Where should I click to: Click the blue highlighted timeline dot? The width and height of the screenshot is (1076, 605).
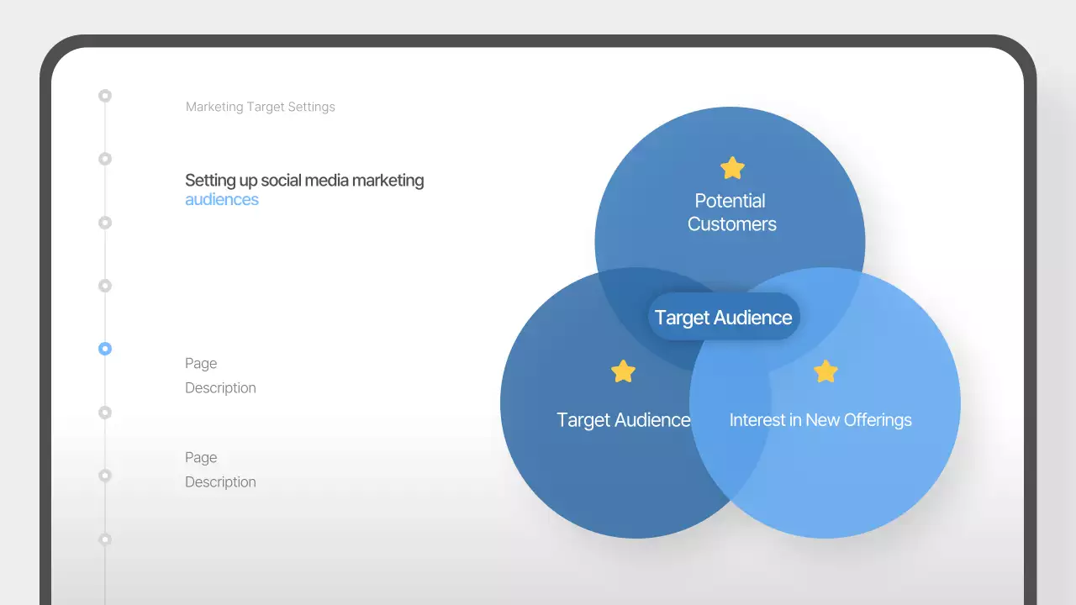point(105,349)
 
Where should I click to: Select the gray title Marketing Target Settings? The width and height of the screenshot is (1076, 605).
point(260,107)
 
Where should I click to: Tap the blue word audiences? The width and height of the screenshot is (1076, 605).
point(222,200)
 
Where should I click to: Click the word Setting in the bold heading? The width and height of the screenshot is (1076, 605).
point(209,181)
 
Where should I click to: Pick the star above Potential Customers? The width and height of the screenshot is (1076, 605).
point(732,168)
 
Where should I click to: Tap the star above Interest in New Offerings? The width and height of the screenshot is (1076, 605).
point(825,371)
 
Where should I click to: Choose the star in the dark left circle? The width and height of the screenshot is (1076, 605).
point(623,371)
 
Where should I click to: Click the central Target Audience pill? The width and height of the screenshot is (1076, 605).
point(723,317)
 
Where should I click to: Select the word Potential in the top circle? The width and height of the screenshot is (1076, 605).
point(730,201)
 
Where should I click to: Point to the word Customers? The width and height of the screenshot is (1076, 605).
point(731,224)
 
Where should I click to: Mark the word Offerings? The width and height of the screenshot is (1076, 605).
point(878,420)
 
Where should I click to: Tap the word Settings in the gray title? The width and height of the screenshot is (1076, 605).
point(311,107)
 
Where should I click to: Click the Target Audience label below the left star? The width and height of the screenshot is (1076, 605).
point(623,420)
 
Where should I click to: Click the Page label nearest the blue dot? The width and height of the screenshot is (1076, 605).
point(201,364)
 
